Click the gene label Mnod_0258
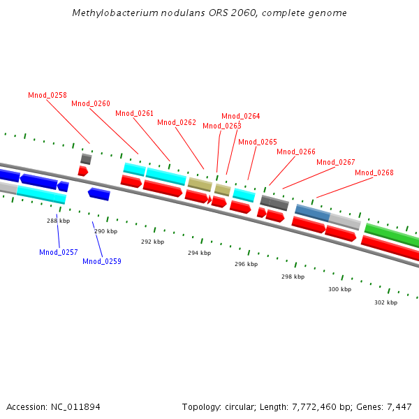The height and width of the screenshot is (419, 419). pyautogui.click(x=47, y=95)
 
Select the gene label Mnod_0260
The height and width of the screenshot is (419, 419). pyautogui.click(x=91, y=103)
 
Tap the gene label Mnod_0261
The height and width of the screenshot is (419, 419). pyautogui.click(x=134, y=113)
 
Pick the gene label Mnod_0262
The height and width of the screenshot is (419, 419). pyautogui.click(x=177, y=122)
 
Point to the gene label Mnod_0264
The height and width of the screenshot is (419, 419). pyautogui.click(x=241, y=116)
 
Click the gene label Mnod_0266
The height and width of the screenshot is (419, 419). pyautogui.click(x=296, y=152)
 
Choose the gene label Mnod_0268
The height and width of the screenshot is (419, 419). pyautogui.click(x=374, y=172)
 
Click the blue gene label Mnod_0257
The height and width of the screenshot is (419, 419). pyautogui.click(x=59, y=252)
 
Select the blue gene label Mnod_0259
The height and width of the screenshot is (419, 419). pyautogui.click(x=102, y=261)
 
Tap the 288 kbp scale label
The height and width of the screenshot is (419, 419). pyautogui.click(x=59, y=221)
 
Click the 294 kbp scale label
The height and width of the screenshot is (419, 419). pyautogui.click(x=199, y=253)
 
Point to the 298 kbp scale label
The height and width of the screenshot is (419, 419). pyautogui.click(x=293, y=277)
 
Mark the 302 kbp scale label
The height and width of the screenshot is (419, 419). pyautogui.click(x=385, y=302)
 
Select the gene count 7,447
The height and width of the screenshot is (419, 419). pyautogui.click(x=397, y=406)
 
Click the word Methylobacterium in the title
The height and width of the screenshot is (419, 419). pyautogui.click(x=112, y=13)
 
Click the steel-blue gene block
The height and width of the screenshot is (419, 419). pyautogui.click(x=312, y=213)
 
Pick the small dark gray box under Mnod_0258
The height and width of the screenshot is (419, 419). pyautogui.click(x=86, y=159)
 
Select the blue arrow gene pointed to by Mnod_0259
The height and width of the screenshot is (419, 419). pyautogui.click(x=98, y=193)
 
